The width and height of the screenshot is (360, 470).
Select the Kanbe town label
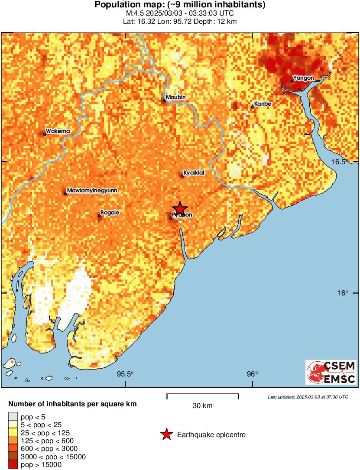click(x=263, y=104)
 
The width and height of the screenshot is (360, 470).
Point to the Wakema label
click(x=58, y=131)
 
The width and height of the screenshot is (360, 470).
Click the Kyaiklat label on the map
click(x=194, y=173)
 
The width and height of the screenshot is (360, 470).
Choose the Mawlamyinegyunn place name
click(x=92, y=191)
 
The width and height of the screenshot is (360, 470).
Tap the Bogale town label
click(x=110, y=213)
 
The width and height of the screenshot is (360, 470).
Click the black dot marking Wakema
click(x=45, y=134)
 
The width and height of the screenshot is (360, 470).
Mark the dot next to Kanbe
click(x=253, y=107)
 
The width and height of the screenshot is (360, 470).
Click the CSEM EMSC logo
click(x=331, y=372)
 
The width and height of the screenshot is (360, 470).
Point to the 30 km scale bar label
click(x=203, y=406)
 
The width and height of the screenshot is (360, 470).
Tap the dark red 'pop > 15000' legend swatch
click(x=13, y=464)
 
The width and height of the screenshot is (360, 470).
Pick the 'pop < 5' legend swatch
click(x=13, y=417)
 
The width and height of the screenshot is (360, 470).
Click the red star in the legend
click(x=166, y=434)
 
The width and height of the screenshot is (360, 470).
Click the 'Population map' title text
click(x=180, y=5)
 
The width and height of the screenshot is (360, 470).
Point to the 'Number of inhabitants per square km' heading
click(x=73, y=404)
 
